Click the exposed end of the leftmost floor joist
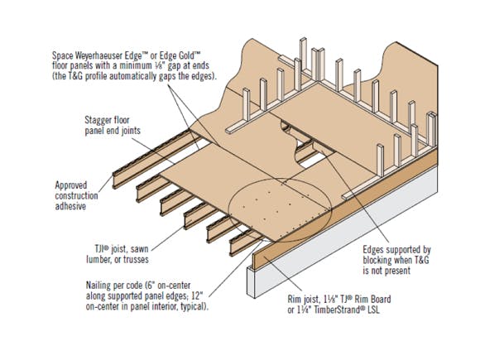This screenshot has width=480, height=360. point(115,175)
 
